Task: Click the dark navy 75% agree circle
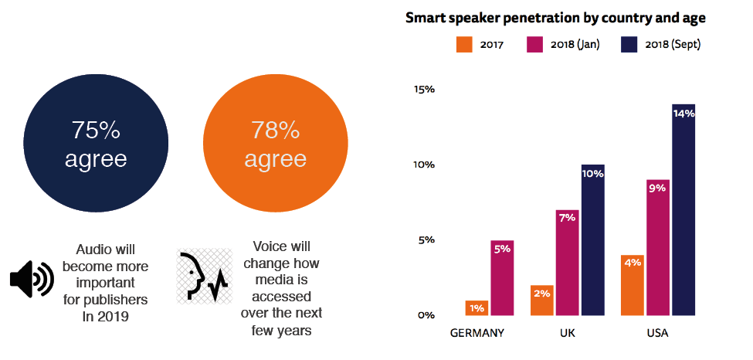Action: pos(96,144)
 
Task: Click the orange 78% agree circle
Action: pos(275,144)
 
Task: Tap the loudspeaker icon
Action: pos(32,279)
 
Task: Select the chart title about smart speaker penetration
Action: pos(556,18)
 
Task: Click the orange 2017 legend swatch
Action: pos(463,45)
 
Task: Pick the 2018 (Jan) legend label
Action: pos(575,45)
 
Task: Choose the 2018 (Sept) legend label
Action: pos(671,45)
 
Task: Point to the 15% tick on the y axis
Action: pos(425,90)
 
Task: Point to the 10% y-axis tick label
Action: pos(425,165)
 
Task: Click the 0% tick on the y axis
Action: pos(427,315)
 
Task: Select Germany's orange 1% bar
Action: pos(477,308)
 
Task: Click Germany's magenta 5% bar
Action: pos(503,278)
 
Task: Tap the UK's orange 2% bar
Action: pos(541,301)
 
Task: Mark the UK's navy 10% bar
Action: pos(592,240)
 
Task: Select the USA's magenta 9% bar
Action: pos(657,247)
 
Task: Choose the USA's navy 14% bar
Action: pos(683,210)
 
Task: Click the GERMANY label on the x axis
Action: pos(477,333)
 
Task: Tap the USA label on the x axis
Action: pos(658,333)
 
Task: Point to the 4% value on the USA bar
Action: pos(632,262)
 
